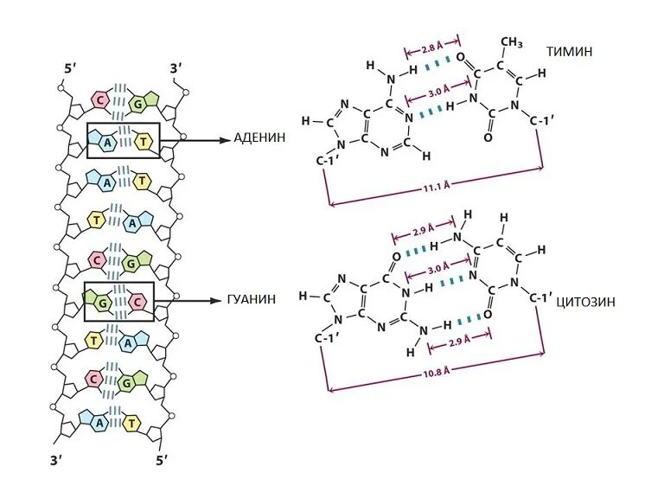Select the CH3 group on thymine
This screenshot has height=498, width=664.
[x=512, y=42]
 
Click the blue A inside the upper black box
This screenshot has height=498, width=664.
[x=110, y=141]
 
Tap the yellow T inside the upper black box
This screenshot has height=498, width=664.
[x=144, y=141]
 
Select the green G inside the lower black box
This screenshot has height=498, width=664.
[x=102, y=301]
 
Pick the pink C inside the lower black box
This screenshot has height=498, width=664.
[x=137, y=301]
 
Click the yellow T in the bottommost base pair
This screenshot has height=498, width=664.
[x=132, y=423]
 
